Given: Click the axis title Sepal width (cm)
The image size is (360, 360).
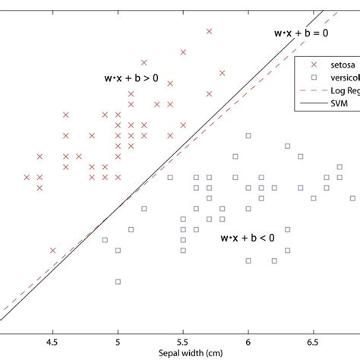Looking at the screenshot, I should pyautogui.click(x=180, y=353).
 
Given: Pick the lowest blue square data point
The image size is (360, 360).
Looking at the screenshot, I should pyautogui.click(x=118, y=282).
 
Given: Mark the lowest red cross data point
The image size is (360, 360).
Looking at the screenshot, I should pyautogui.click(x=52, y=250).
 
